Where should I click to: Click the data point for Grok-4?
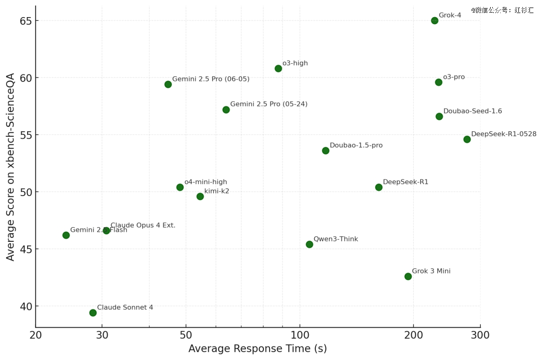coord(434,21)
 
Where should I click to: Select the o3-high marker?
coord(278,68)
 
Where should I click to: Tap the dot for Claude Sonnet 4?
coord(93,313)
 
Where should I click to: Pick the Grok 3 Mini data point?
coord(408,277)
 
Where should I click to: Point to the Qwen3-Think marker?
coord(309,244)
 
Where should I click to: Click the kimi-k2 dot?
coord(200,197)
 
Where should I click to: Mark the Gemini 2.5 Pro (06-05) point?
coord(168,84)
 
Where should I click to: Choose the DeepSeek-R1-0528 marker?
coord(467,139)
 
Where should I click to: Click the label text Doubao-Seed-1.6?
coord(472,111)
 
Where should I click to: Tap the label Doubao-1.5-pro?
coord(356,145)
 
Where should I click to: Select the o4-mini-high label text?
coord(206,182)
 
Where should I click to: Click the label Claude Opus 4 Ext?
coord(143,225)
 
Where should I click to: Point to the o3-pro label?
coord(454,77)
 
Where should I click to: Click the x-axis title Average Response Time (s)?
coord(257,349)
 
